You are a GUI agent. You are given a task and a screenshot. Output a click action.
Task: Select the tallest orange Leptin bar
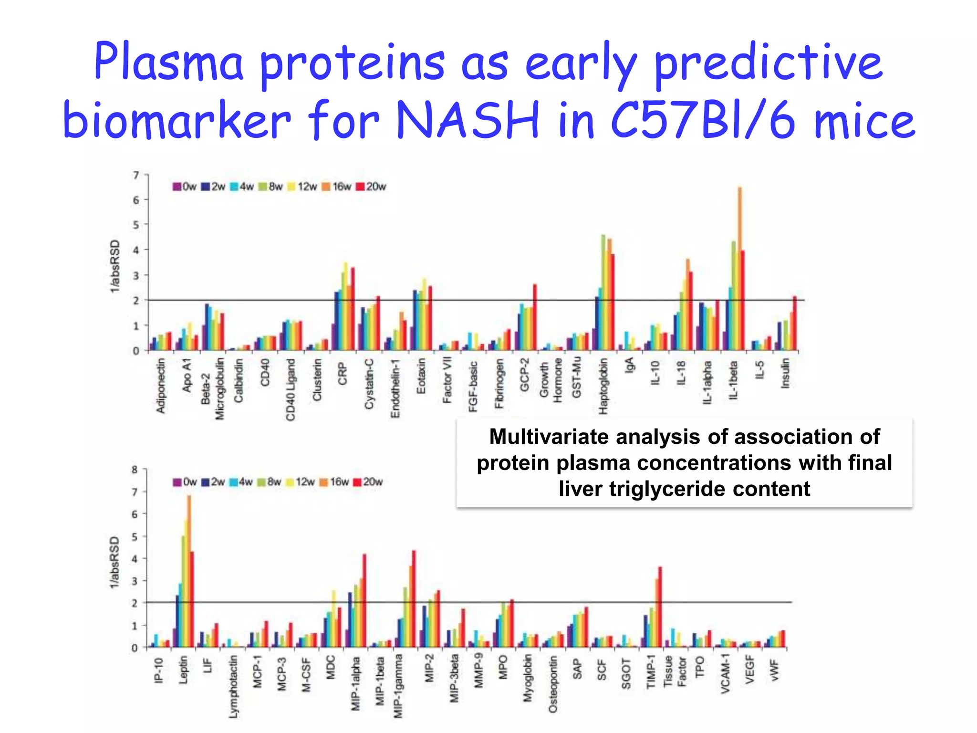[189, 573]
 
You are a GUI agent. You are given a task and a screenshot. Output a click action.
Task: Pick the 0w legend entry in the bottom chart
[185, 482]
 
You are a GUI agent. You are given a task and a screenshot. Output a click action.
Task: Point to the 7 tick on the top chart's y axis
[136, 176]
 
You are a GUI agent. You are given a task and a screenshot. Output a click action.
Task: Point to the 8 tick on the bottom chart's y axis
[135, 470]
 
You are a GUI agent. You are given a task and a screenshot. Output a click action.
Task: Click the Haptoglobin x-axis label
[603, 386]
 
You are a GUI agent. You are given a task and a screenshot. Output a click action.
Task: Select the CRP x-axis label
[343, 374]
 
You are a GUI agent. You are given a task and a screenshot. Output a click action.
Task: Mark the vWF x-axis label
[774, 670]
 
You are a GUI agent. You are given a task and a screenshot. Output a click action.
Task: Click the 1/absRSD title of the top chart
[115, 266]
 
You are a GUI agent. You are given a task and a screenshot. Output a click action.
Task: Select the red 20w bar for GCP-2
[535, 317]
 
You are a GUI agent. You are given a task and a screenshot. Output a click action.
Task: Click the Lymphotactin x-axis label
[233, 686]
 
